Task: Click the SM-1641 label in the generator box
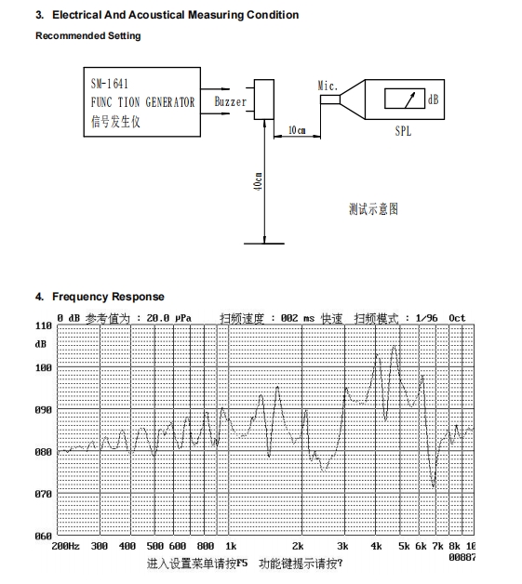(x=110, y=84)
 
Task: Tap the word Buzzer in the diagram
(x=230, y=101)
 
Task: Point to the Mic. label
(x=328, y=86)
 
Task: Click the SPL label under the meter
(x=403, y=131)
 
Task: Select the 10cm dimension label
(x=297, y=130)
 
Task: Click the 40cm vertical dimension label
(x=258, y=181)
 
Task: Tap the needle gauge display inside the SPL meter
(x=405, y=99)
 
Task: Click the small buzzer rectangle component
(x=264, y=100)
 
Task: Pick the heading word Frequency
(x=80, y=297)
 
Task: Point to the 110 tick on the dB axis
(x=44, y=325)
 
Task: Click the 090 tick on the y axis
(x=44, y=410)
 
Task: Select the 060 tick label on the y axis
(x=44, y=536)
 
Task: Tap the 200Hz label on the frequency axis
(x=65, y=546)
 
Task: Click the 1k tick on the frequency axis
(x=231, y=546)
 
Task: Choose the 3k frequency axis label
(x=342, y=546)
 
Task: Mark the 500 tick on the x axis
(x=155, y=546)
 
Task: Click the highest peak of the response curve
(x=395, y=347)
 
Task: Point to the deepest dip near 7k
(x=434, y=486)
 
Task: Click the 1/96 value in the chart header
(x=426, y=318)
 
